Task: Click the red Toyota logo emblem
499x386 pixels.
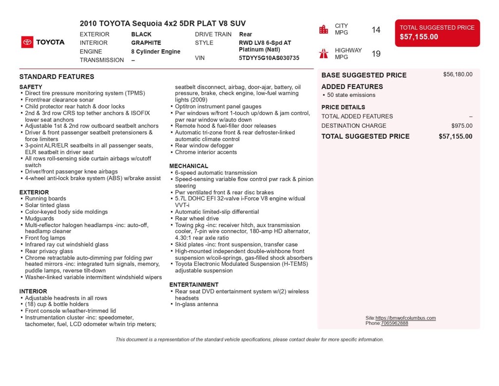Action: (27, 42)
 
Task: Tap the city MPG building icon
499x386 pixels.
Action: (324, 29)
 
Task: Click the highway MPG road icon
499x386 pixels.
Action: (324, 53)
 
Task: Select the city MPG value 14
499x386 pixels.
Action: (376, 30)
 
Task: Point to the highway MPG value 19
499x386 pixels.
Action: (376, 54)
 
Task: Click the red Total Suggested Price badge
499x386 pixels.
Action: (437, 33)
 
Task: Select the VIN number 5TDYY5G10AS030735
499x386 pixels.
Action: (269, 58)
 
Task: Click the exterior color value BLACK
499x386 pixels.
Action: (141, 35)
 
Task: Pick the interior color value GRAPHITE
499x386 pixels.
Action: (146, 43)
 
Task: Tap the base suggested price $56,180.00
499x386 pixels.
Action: (458, 75)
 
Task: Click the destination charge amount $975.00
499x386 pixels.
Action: (461, 126)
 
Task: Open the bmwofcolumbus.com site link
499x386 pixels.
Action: (405, 318)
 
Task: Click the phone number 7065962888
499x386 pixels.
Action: (395, 324)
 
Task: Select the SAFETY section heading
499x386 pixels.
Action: (31, 87)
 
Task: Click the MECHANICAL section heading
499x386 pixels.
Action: (189, 166)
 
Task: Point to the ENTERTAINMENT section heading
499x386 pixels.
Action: (194, 284)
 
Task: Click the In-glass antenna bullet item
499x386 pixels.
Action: (196, 305)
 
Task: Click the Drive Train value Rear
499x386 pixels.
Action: (246, 35)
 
